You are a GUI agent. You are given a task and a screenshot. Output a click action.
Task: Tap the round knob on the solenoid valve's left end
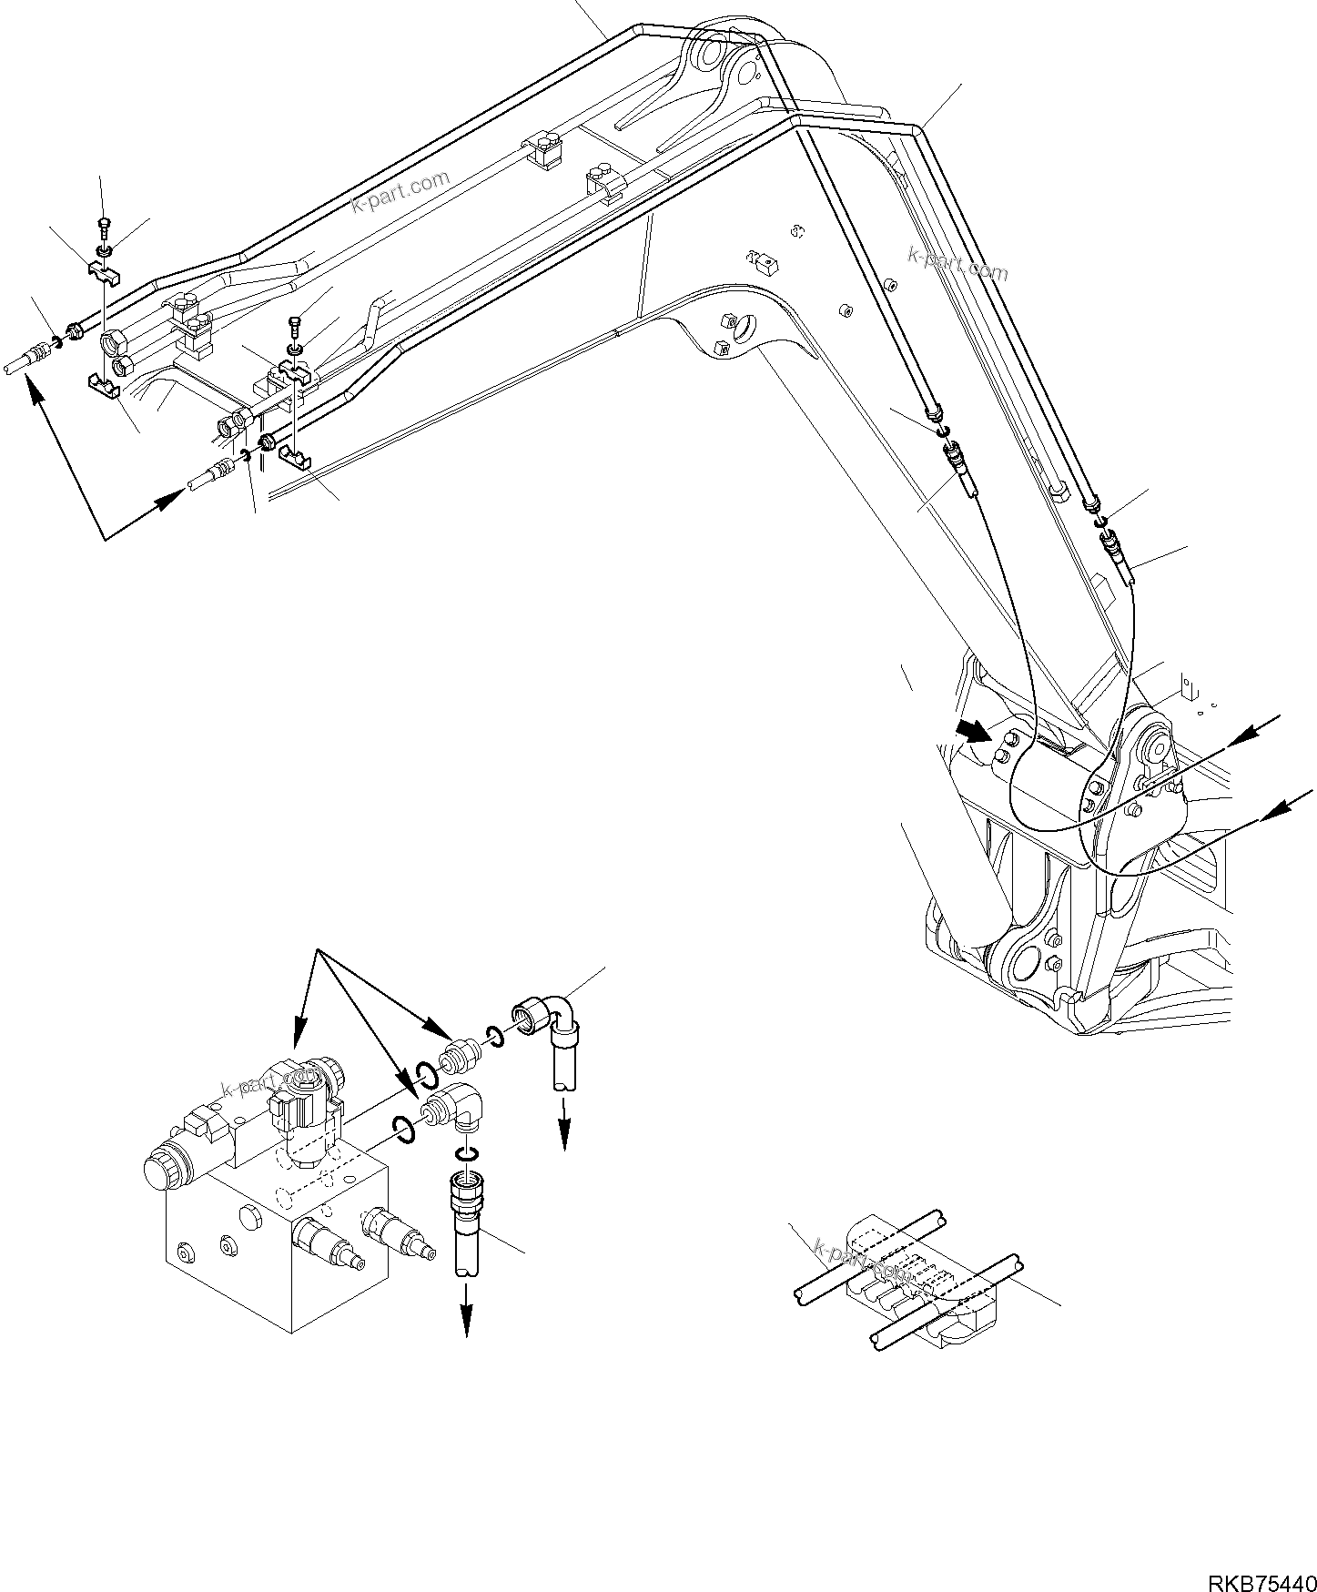[161, 1173]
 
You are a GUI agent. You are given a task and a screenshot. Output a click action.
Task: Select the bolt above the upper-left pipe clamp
[103, 224]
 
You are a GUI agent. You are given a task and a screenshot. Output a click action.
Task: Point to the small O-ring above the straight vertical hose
[465, 1154]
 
